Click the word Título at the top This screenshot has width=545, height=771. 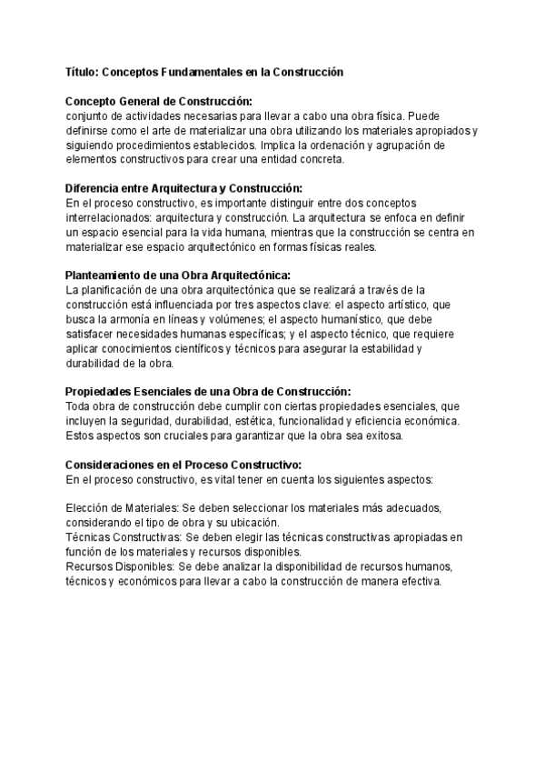(84, 71)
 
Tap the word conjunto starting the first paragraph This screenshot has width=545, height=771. (89, 115)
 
